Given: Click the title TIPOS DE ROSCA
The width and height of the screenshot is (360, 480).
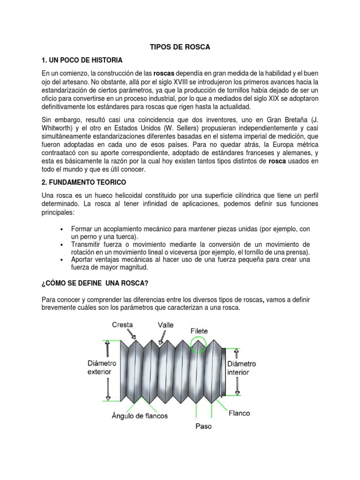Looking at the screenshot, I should tap(180, 47).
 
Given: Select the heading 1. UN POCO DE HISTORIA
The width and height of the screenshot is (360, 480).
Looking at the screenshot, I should tap(82, 60).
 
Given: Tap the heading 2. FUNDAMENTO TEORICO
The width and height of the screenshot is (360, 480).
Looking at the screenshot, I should tap(84, 181).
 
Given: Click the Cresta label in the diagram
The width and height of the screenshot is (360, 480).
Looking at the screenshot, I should tap(122, 324).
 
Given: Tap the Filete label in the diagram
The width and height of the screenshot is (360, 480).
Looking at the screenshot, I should tap(199, 331).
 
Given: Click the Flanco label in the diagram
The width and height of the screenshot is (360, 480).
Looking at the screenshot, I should tap(239, 413).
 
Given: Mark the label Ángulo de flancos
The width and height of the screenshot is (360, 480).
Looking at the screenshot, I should tap(140, 415).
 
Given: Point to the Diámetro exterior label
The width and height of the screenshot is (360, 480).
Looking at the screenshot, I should tap(102, 367).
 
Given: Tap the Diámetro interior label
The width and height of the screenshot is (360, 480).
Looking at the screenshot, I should tap(241, 368).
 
